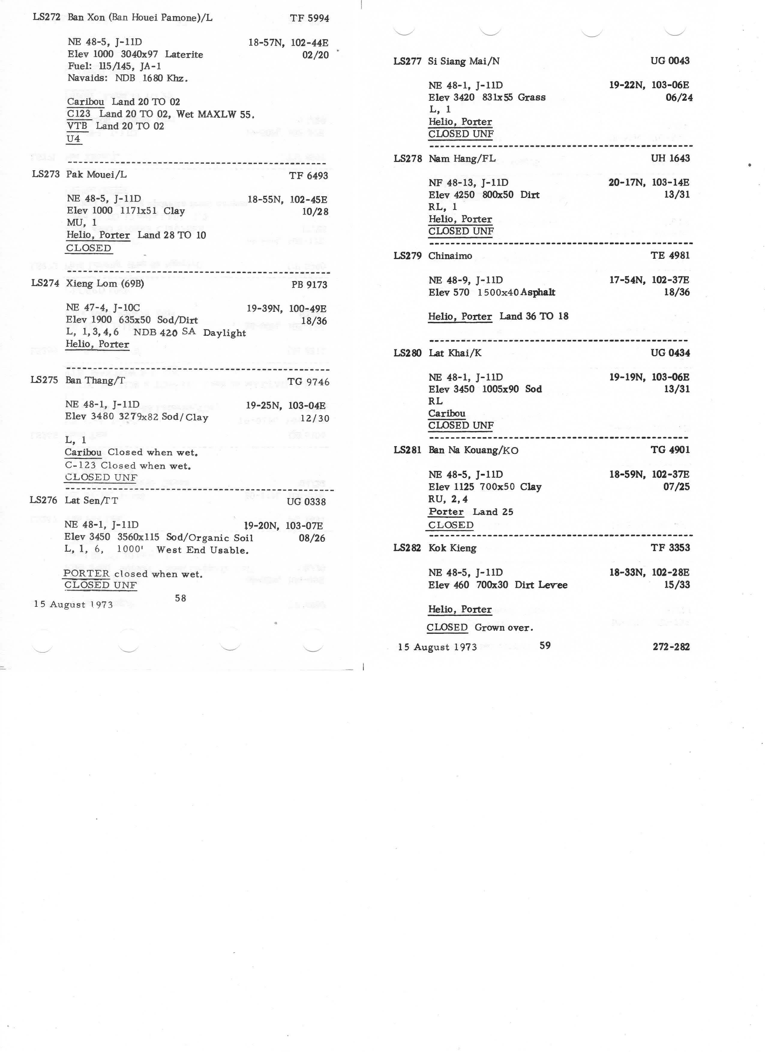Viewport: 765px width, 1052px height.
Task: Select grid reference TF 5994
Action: (309, 19)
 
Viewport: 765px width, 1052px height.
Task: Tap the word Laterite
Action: (184, 55)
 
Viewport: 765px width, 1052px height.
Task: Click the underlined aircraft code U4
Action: (73, 139)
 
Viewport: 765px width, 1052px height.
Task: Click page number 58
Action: (181, 598)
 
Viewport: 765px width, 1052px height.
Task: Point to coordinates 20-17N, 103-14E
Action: (649, 182)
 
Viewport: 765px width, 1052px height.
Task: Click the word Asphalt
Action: (538, 292)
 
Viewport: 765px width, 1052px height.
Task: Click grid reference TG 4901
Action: (670, 450)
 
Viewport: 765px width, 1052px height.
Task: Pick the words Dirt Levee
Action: (541, 585)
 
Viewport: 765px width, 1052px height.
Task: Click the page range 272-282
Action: (671, 647)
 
